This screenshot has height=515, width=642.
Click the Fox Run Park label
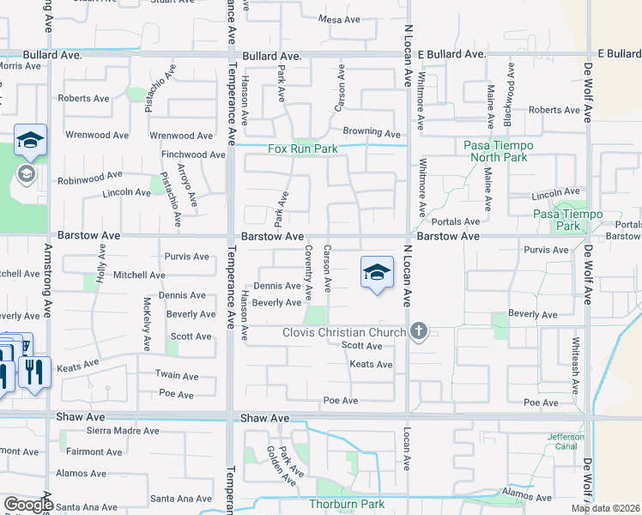click(303, 148)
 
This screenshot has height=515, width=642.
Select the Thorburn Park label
click(347, 504)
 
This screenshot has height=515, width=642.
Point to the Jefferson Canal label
click(566, 442)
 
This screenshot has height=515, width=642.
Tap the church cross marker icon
click(419, 331)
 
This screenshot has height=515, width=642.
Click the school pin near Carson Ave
click(375, 272)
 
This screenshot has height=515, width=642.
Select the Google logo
click(29, 505)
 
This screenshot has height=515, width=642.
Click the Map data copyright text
click(606, 508)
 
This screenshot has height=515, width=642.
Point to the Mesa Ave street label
click(338, 19)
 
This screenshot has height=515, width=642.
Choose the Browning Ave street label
click(372, 134)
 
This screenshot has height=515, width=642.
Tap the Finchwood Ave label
click(193, 155)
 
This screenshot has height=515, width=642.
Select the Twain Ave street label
click(176, 376)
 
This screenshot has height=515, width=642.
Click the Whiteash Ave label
click(576, 352)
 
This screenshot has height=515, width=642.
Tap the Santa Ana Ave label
click(181, 498)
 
